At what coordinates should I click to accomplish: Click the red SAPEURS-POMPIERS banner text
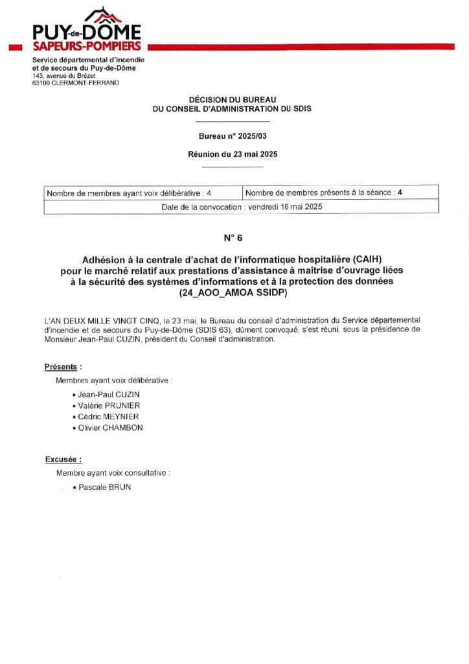point(86,46)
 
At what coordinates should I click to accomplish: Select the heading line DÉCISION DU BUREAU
point(232,99)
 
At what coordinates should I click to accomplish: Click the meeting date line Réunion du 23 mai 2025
point(232,154)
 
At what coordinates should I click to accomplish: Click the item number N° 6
point(233,238)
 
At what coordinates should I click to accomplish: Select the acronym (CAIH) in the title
point(368,258)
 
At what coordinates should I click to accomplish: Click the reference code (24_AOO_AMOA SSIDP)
point(233,293)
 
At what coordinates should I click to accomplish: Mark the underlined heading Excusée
point(63,460)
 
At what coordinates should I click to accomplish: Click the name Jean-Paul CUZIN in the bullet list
point(108,394)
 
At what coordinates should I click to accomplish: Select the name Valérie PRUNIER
point(109,405)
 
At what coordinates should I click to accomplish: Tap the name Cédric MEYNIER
point(108,416)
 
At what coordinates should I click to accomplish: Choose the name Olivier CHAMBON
point(110,428)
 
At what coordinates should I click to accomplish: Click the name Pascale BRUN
point(104,487)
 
